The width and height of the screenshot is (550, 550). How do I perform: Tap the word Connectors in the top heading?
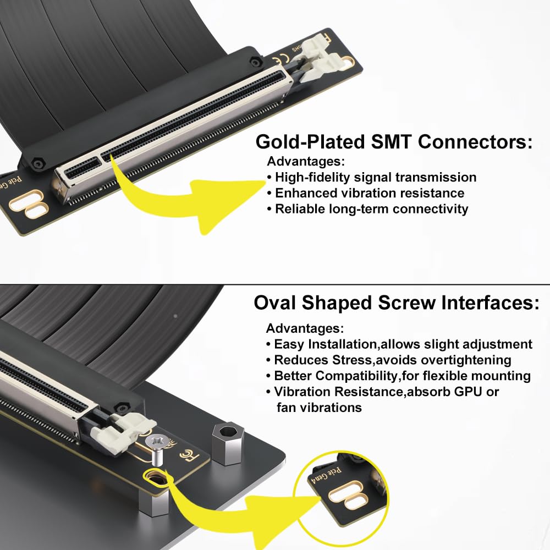pyautogui.click(x=476, y=142)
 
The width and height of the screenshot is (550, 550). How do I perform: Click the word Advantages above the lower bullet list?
pyautogui.click(x=305, y=328)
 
